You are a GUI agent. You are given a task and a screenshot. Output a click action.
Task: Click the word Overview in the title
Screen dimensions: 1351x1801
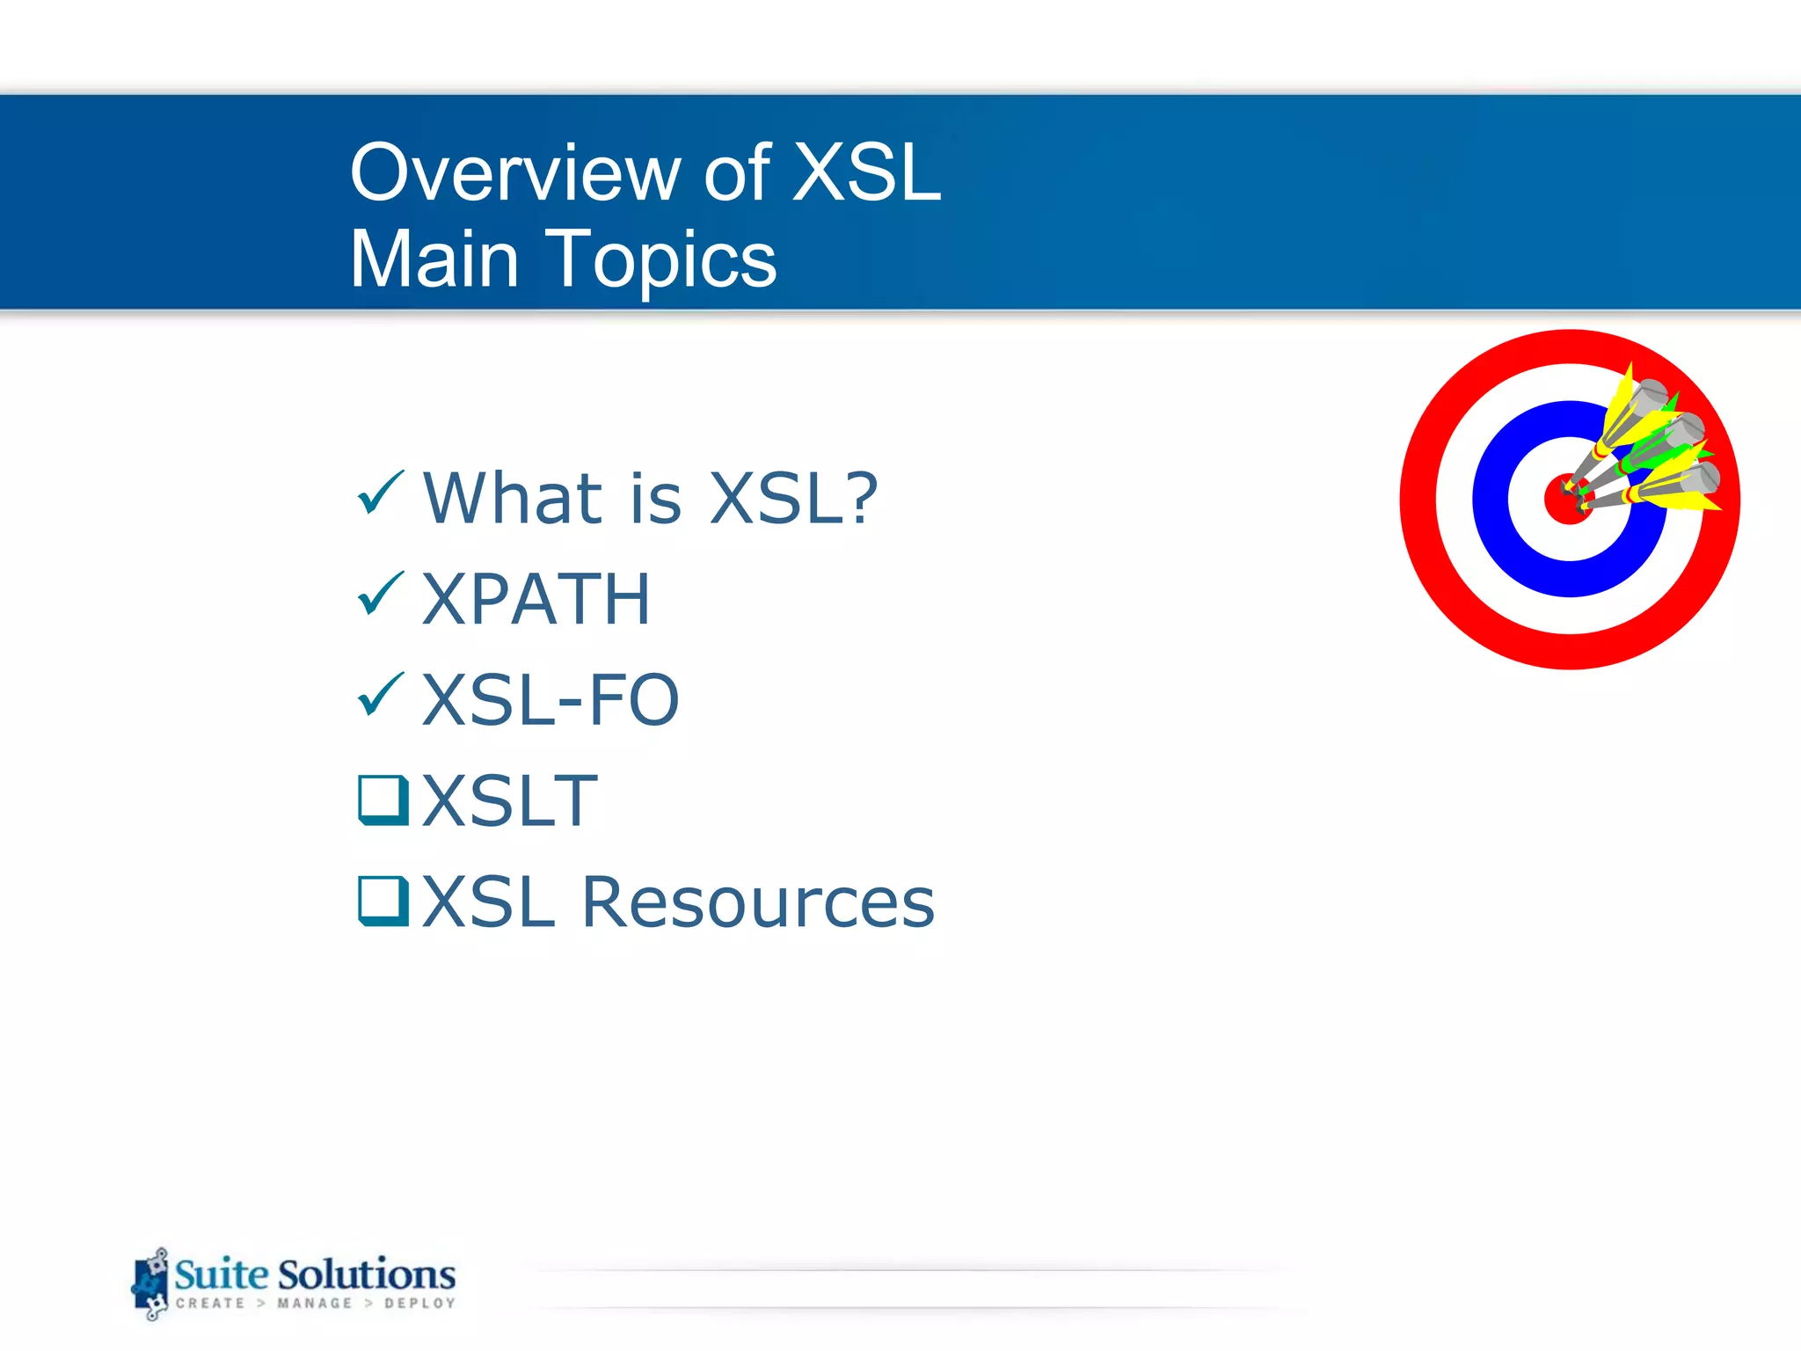(514, 173)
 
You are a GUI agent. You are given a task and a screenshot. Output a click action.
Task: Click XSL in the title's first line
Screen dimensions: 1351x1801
(866, 173)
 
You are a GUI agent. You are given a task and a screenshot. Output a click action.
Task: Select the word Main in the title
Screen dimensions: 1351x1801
(434, 259)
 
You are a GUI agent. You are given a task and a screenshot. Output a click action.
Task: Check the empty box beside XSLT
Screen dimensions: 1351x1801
(383, 799)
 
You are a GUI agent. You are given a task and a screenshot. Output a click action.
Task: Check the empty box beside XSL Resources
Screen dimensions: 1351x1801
(383, 900)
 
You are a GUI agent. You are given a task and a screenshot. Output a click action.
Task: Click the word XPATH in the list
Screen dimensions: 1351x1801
(536, 600)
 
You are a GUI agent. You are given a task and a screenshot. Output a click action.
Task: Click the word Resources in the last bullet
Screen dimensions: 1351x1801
(758, 903)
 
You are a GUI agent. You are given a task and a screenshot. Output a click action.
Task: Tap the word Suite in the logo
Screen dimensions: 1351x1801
(221, 1274)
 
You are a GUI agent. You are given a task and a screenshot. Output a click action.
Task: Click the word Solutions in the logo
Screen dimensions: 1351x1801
(367, 1274)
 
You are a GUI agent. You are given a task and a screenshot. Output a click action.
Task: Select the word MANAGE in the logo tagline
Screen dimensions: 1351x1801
(314, 1304)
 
